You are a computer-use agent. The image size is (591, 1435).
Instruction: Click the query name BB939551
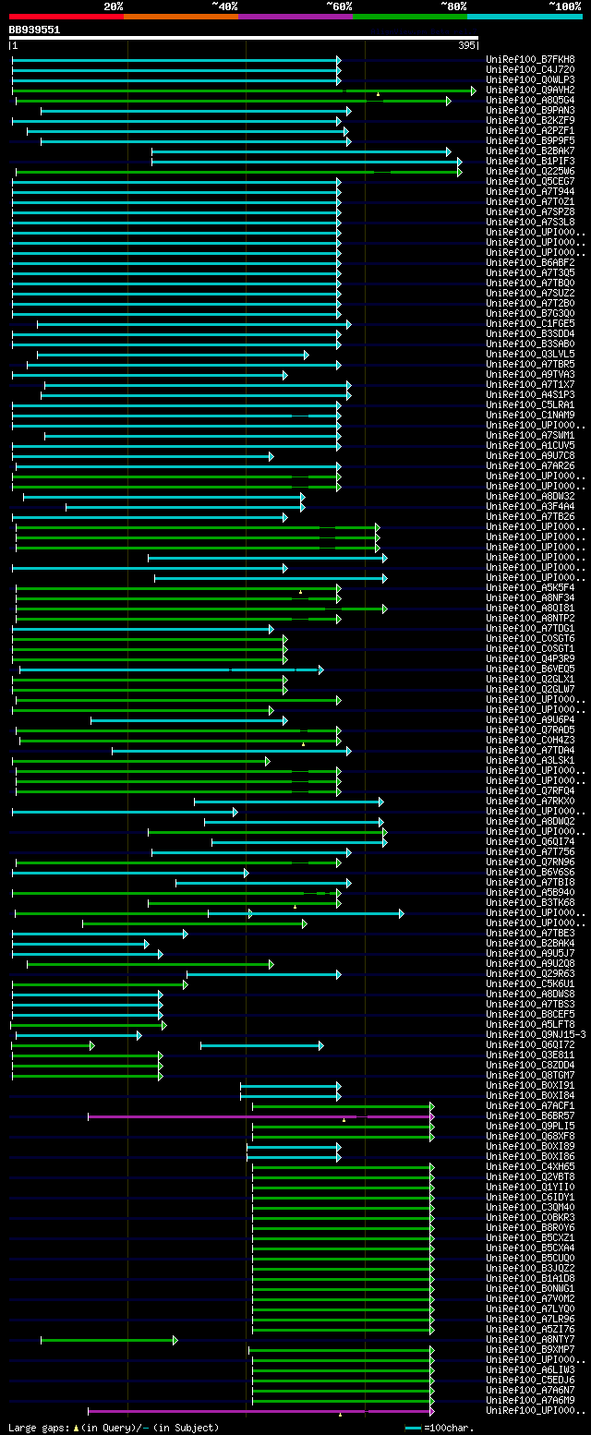coord(34,30)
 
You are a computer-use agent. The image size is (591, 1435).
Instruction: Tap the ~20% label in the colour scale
coord(113,6)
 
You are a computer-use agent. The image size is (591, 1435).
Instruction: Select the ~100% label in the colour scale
coord(564,6)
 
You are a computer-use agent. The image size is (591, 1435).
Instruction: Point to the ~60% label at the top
coord(338,6)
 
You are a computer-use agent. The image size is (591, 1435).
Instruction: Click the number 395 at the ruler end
coord(466,45)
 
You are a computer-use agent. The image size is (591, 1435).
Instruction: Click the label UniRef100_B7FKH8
coord(530,59)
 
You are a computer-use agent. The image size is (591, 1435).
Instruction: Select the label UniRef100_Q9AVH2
coord(530,90)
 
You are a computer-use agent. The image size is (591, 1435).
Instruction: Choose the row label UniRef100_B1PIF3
coord(530,161)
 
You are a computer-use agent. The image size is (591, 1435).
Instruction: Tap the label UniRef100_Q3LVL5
coord(530,354)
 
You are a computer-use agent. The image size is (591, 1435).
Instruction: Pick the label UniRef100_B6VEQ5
coord(530,669)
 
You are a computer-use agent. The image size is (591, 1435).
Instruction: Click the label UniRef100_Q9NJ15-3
coord(536,1034)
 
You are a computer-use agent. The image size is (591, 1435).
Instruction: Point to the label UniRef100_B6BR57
coord(530,1115)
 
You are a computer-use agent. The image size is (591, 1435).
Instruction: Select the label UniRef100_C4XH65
coord(530,1166)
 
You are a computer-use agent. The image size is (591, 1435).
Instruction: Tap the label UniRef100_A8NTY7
coord(530,1339)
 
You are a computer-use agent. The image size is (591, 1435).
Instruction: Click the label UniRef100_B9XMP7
coord(530,1349)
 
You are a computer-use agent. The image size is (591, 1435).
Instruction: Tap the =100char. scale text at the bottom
coord(447,1428)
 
